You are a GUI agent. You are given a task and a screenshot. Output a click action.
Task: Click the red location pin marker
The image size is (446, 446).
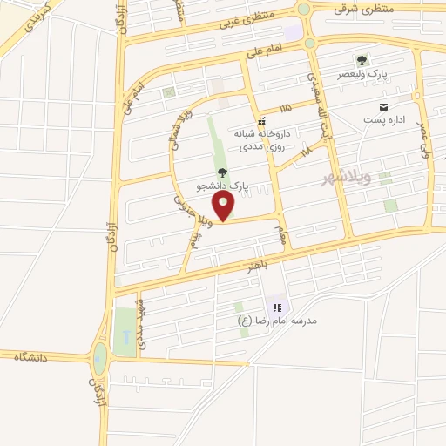tap(225, 206)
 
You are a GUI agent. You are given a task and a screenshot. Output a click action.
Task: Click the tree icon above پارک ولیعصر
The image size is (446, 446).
tap(362, 60)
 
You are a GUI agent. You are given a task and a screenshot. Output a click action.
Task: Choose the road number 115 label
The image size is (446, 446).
tap(286, 108)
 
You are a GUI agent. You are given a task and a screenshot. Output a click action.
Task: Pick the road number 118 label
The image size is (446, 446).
tap(304, 153)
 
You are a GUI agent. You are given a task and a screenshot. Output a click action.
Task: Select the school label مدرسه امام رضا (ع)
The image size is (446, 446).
tap(278, 321)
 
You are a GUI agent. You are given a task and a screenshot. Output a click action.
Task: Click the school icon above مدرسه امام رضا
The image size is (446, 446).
tap(277, 307)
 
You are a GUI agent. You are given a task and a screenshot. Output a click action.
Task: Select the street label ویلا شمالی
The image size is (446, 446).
tap(178, 148)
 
